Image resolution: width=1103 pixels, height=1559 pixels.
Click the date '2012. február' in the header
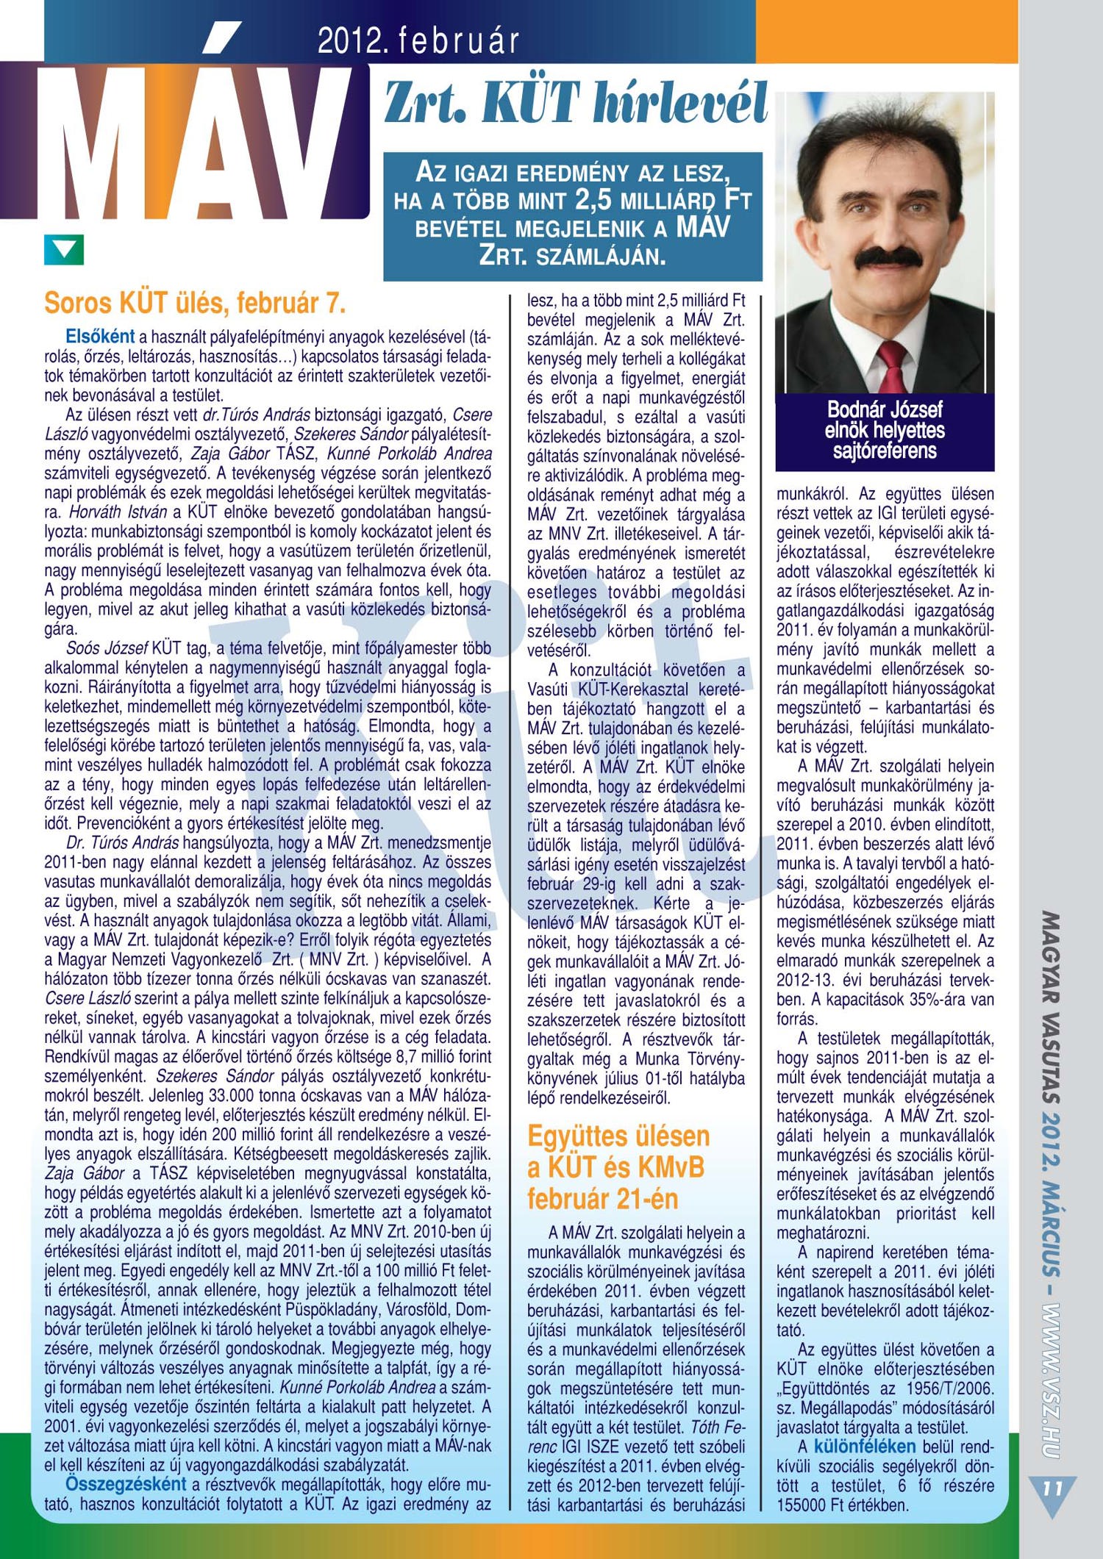click(x=418, y=42)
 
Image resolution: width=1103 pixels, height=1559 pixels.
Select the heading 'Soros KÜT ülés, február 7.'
click(x=195, y=303)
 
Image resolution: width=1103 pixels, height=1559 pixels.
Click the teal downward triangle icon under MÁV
click(x=64, y=250)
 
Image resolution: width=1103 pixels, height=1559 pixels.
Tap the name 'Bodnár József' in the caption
click(x=885, y=409)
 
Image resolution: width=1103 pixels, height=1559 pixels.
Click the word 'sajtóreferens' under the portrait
click(x=885, y=451)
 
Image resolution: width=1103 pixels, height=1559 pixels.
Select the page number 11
click(x=1052, y=1488)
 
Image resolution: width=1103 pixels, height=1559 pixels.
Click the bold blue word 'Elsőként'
click(x=100, y=337)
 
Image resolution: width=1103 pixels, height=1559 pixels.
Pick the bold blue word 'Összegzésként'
click(x=126, y=1483)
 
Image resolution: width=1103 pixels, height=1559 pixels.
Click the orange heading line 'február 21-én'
click(x=602, y=1199)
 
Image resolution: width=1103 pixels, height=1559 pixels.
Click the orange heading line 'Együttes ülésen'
click(x=618, y=1136)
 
